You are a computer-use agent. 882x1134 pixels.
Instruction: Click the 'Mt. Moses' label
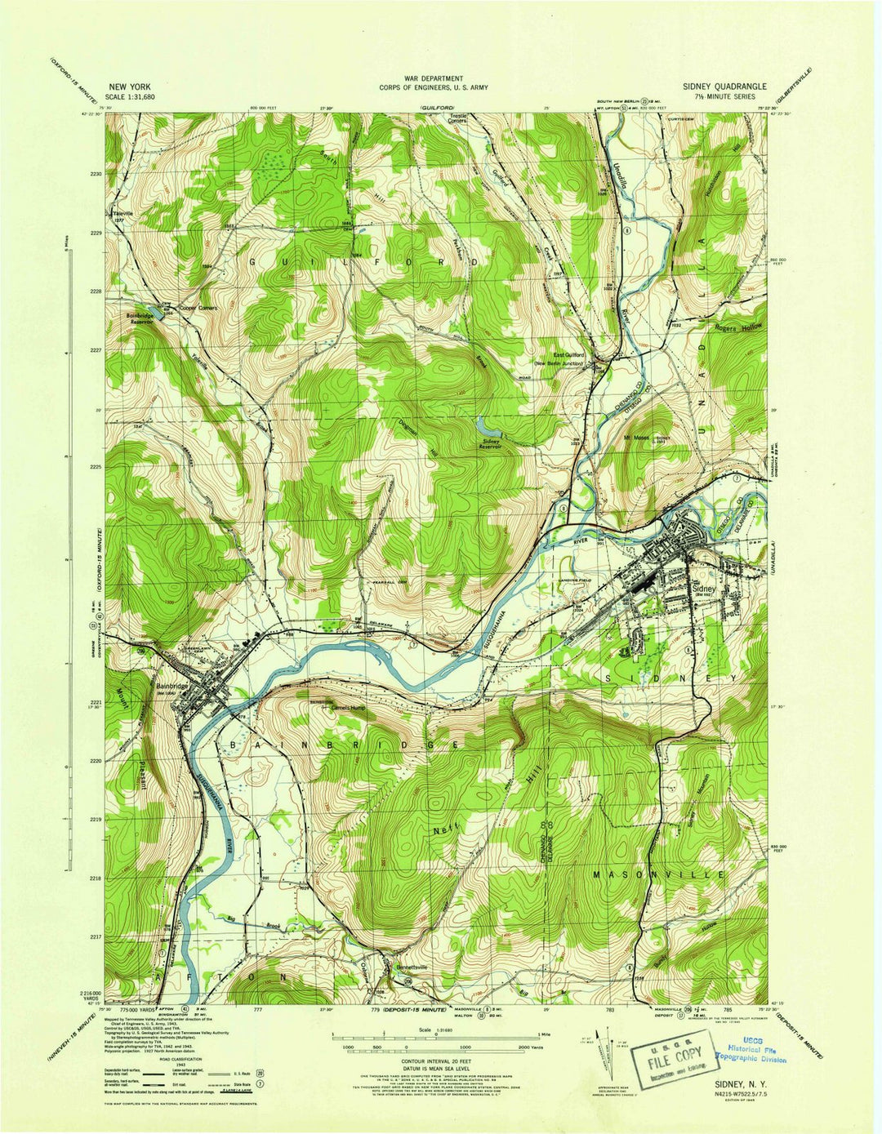[636, 438]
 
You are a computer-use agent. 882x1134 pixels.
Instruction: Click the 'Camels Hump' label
[336, 707]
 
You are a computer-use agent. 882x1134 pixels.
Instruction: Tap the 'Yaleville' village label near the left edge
[122, 214]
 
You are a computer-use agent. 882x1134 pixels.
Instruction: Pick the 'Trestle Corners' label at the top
[459, 119]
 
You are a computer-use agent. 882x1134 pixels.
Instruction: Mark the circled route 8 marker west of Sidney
[563, 507]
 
